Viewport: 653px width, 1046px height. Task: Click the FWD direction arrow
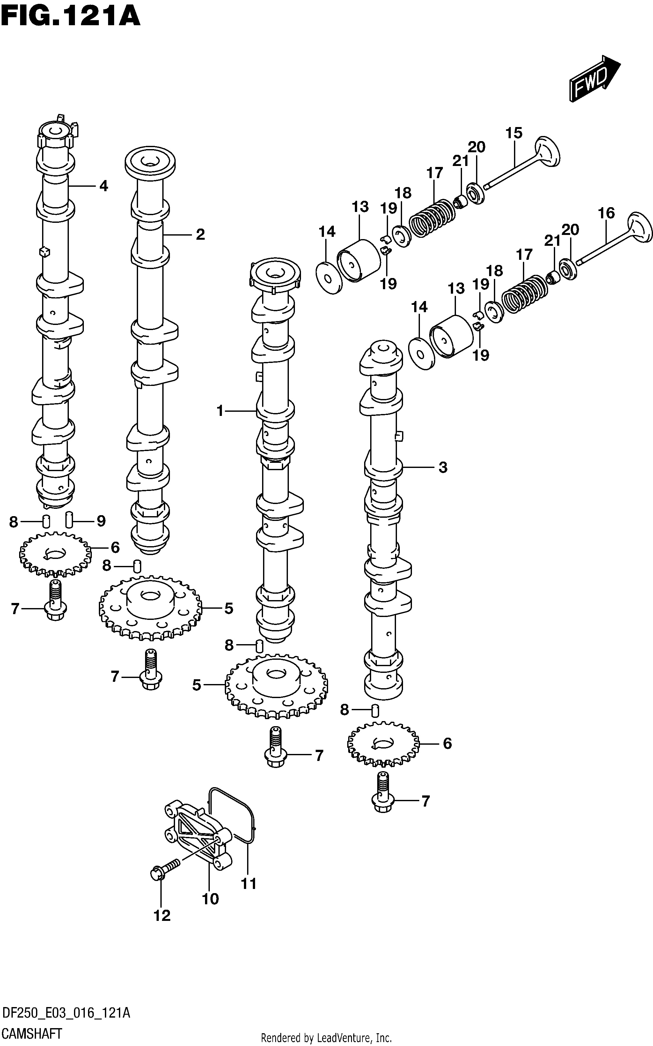pyautogui.click(x=595, y=78)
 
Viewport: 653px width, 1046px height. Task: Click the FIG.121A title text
pyautogui.click(x=71, y=16)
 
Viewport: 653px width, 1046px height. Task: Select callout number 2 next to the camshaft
pyautogui.click(x=200, y=234)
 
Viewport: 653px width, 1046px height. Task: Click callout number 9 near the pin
pyautogui.click(x=101, y=521)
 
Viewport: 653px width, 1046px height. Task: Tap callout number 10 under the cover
pyautogui.click(x=210, y=899)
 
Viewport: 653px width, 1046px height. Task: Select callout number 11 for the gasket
pyautogui.click(x=249, y=884)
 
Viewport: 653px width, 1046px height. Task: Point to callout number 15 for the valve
pyautogui.click(x=514, y=133)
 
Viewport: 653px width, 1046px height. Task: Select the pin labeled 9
pyautogui.click(x=69, y=520)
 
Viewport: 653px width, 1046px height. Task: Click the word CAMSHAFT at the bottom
pyautogui.click(x=32, y=1034)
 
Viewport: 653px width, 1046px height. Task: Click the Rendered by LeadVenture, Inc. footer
pyautogui.click(x=326, y=1038)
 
